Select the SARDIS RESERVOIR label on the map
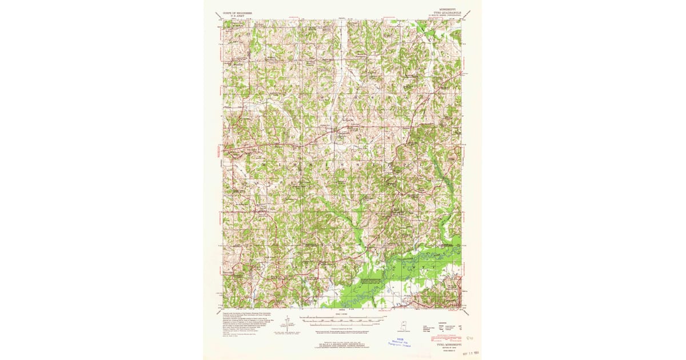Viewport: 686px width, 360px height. pos(370,279)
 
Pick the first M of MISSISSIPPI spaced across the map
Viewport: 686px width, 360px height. pos(265,163)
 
